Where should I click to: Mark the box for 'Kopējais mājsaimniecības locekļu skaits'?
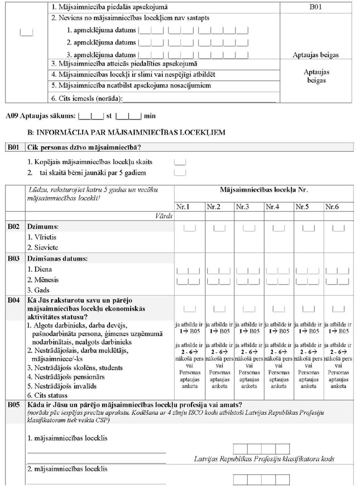click(179, 162)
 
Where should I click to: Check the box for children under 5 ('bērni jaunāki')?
click(179, 172)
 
